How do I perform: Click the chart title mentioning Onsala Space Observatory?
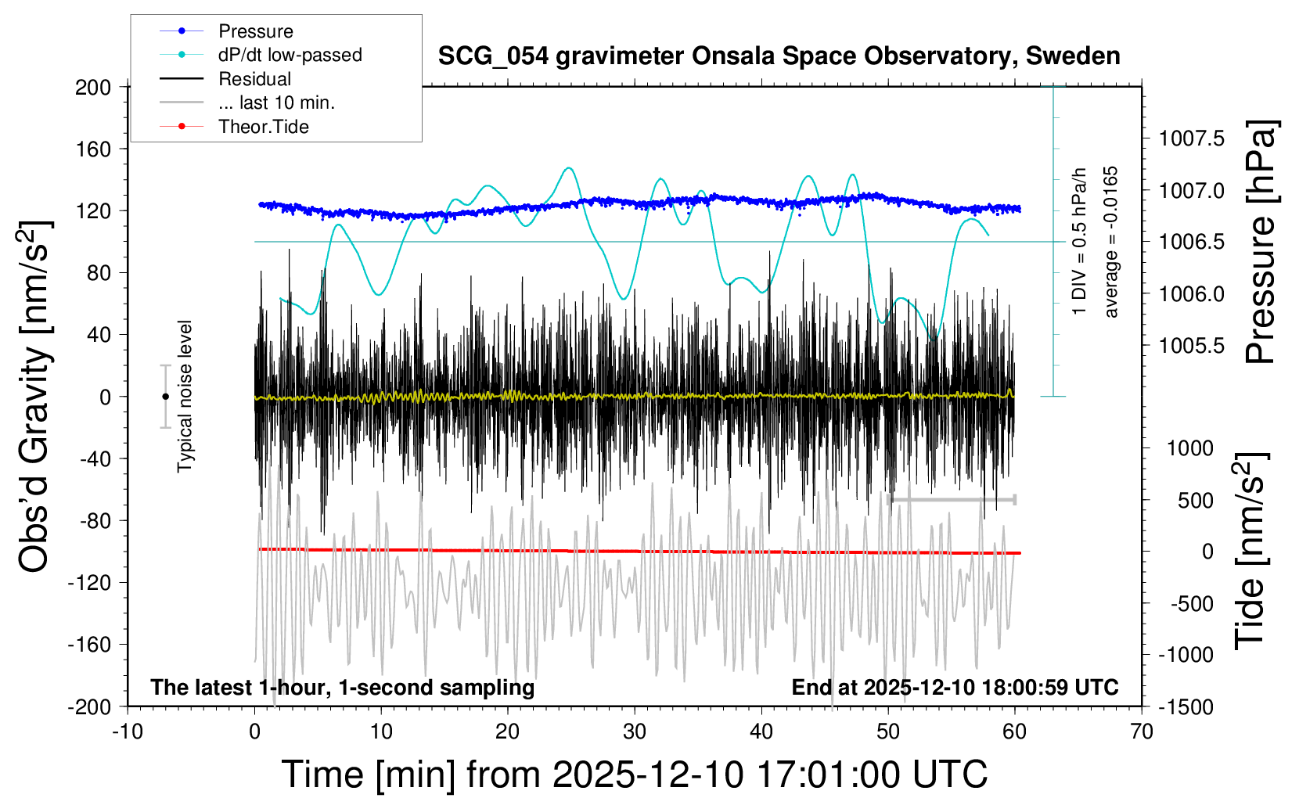coord(779,56)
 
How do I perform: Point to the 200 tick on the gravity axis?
coord(93,87)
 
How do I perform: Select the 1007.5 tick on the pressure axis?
coord(1192,138)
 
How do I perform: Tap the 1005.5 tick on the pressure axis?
coord(1192,345)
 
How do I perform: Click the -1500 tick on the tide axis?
coord(1186,706)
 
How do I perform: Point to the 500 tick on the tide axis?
coord(1196,500)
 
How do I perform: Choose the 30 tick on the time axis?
coord(635,731)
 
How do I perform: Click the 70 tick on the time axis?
coord(1142,731)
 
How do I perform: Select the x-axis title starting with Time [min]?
coord(635,775)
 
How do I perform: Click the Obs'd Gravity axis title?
coord(35,397)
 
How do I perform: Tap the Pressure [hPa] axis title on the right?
coord(1261,242)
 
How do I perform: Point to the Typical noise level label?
coord(185,397)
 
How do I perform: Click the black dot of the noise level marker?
coord(165,397)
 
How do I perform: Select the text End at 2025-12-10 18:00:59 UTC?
coord(955,687)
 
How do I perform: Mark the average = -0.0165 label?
coord(1111,242)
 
